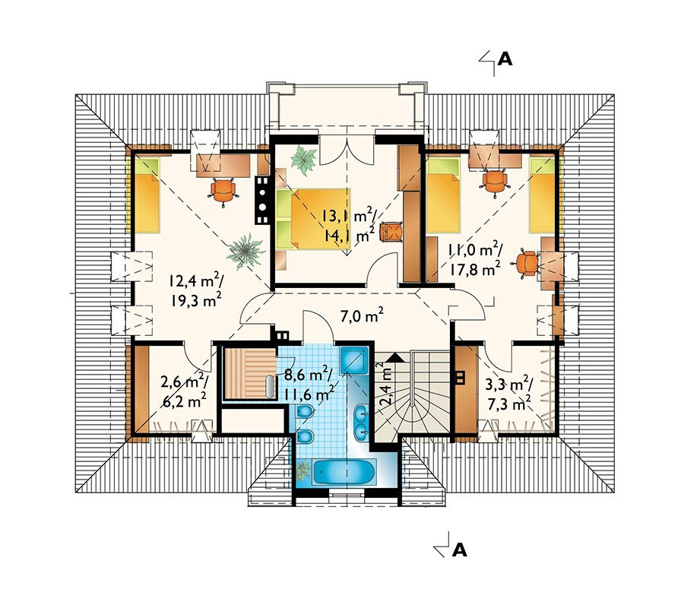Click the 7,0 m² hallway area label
(362, 315)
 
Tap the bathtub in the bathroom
(344, 473)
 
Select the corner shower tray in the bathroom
(355, 360)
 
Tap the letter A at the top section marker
(505, 59)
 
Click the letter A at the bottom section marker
(459, 550)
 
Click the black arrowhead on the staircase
(394, 358)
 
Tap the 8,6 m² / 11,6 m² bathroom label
(309, 384)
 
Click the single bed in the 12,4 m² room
(147, 195)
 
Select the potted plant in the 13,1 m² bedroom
(304, 160)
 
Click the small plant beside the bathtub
(302, 471)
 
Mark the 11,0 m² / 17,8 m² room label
(473, 261)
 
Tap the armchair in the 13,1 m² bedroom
(391, 231)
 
